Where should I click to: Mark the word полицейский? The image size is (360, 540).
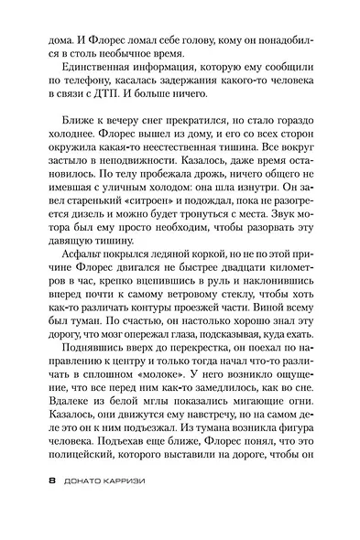87,469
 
